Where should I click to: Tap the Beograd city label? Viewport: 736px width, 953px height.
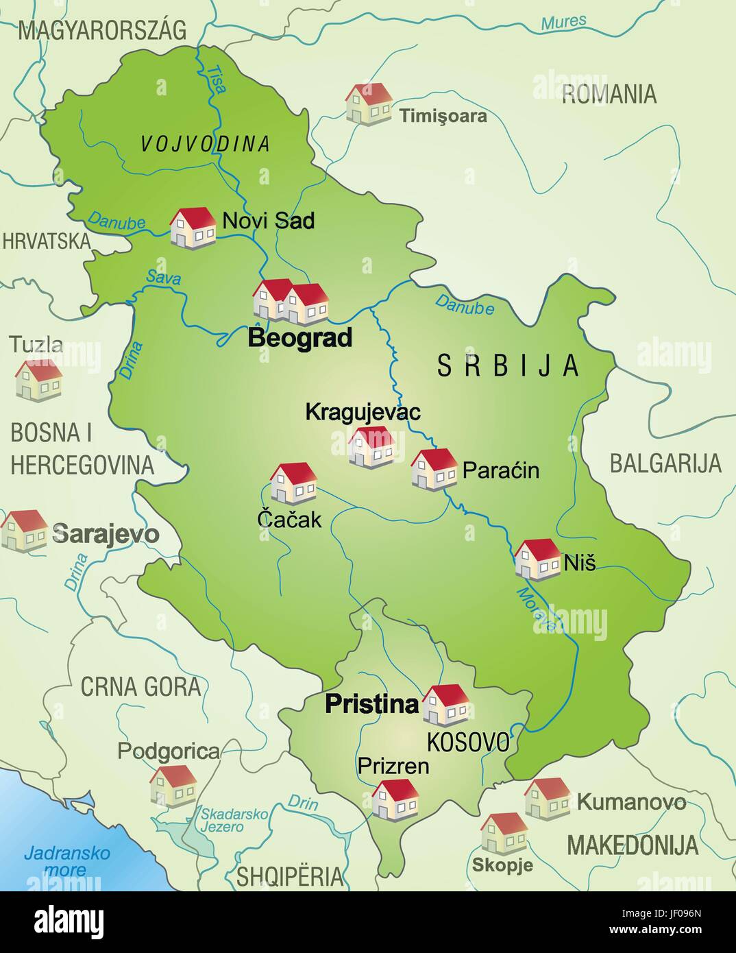300,338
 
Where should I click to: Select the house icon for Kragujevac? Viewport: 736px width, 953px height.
371,447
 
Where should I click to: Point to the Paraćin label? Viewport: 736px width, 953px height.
501,470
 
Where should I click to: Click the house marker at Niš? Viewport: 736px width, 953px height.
538,559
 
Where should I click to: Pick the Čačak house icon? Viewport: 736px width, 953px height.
293,483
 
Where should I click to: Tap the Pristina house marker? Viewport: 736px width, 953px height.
445,705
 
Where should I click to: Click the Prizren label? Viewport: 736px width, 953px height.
393,765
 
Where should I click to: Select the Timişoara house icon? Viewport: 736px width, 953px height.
369,104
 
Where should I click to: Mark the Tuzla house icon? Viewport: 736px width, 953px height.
39,381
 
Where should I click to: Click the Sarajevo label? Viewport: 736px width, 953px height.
106,534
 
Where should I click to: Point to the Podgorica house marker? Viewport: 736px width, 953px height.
173,786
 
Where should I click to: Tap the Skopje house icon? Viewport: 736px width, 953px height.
504,833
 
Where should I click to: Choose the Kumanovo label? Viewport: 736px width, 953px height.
631,801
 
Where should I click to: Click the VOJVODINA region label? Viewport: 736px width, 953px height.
205,144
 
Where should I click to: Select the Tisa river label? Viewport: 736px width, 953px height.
217,75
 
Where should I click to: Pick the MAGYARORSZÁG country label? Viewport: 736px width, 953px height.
102,30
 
